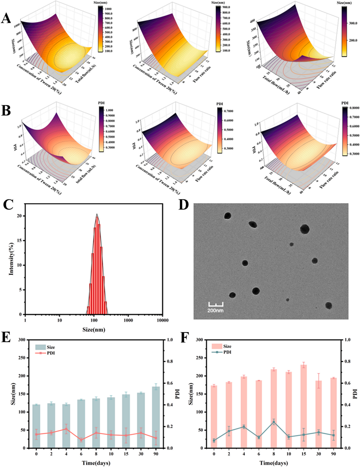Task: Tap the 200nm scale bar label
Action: click(x=215, y=311)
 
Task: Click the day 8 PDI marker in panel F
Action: click(x=274, y=422)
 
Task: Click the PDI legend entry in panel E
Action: click(x=50, y=353)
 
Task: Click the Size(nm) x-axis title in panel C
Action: click(x=93, y=329)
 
